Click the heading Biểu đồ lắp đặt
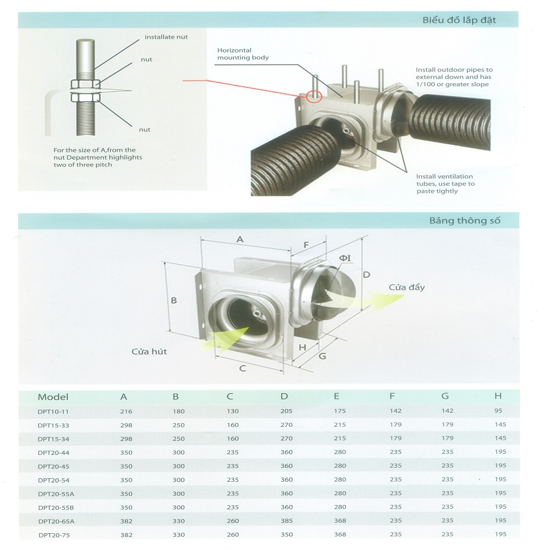pos(459,20)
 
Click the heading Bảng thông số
pos(465,221)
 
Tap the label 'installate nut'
pos(166,37)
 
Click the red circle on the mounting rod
pos(314,96)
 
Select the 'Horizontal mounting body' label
pos(243,54)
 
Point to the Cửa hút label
pos(149,352)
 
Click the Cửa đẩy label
pos(407,287)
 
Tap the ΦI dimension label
pos(345,258)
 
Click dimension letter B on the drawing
pos(174,300)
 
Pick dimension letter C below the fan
pos(242,369)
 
